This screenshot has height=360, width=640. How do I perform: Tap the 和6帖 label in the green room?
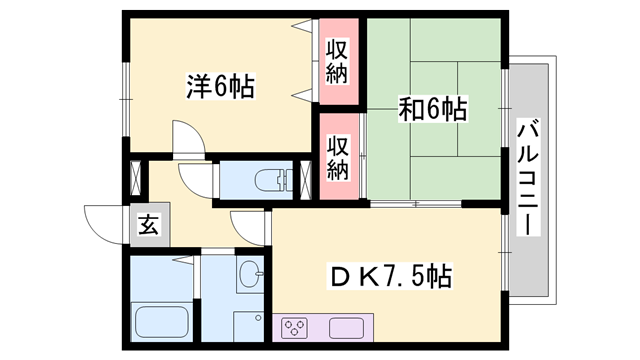pyautogui.click(x=433, y=108)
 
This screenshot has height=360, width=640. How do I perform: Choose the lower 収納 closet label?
pyautogui.click(x=338, y=157)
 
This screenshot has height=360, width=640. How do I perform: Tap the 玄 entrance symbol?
pyautogui.click(x=148, y=223)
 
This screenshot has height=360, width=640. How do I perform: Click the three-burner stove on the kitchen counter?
pyautogui.click(x=296, y=327)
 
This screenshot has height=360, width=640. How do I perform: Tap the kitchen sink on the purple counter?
pyautogui.click(x=346, y=327)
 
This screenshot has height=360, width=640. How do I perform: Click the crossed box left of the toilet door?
pyautogui.click(x=135, y=180)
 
